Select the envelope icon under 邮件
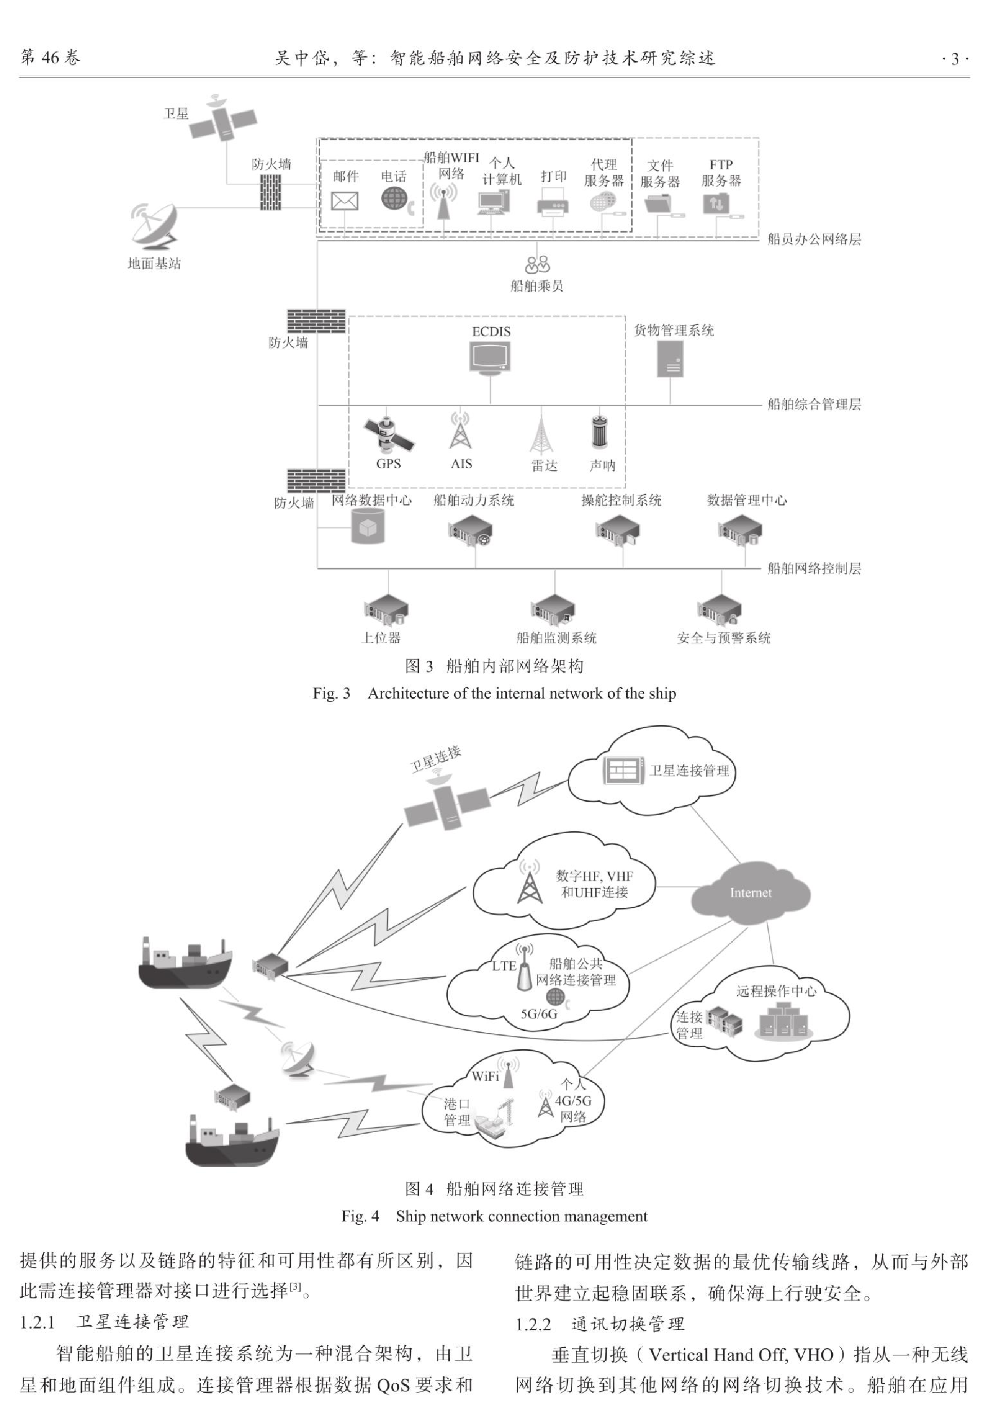click(x=345, y=201)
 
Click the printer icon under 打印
click(x=553, y=201)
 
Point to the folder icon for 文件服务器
click(x=660, y=203)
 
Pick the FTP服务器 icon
click(x=717, y=203)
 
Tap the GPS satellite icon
click(x=388, y=434)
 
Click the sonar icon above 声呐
click(x=598, y=433)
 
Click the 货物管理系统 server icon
click(x=670, y=358)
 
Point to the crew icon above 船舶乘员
click(x=537, y=265)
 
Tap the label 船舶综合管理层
click(x=814, y=404)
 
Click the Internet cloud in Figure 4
click(x=750, y=893)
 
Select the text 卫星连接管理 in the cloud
click(x=689, y=771)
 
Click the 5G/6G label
click(x=539, y=1013)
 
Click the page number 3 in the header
click(x=955, y=60)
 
